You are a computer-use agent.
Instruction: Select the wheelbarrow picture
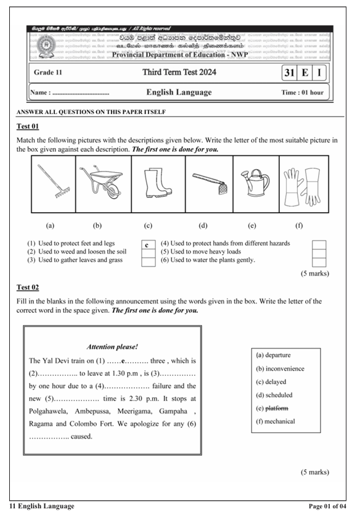103,183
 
